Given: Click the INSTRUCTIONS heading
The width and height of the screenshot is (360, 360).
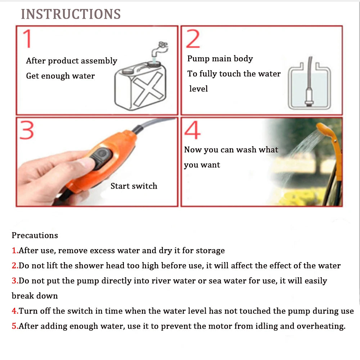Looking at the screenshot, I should (71, 14).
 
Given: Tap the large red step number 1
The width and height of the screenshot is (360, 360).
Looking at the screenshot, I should (27, 39).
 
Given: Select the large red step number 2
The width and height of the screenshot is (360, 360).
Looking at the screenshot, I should (193, 39).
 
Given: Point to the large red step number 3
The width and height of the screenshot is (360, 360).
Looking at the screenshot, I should (27, 130).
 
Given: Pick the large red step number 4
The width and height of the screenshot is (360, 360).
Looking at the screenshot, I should (192, 130).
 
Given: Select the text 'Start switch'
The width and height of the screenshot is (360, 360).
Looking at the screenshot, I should (134, 186).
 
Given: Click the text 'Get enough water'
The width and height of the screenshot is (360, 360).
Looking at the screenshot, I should (60, 76).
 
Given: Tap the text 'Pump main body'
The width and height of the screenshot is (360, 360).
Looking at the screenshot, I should (220, 59).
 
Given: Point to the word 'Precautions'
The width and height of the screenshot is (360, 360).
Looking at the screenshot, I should (35, 235).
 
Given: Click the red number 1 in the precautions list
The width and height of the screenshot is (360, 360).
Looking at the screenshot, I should (14, 251).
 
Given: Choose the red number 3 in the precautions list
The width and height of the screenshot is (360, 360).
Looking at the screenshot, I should (14, 281).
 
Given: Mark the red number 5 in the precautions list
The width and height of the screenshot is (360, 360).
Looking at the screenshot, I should (14, 326).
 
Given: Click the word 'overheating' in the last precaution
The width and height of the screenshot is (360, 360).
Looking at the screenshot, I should (320, 326).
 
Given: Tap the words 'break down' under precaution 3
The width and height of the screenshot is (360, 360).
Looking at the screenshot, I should (35, 296).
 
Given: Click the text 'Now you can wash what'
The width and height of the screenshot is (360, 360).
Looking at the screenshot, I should (231, 150).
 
